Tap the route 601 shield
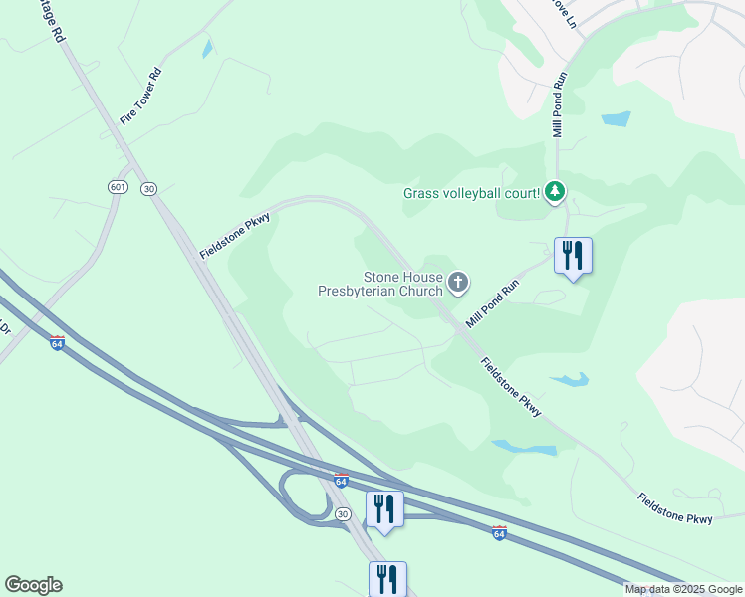click(x=118, y=188)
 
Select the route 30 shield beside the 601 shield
click(x=149, y=188)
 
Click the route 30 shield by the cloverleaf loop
click(x=342, y=513)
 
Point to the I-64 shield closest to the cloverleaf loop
click(x=341, y=481)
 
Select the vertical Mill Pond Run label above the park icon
click(x=559, y=104)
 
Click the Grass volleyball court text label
click(x=472, y=193)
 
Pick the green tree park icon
click(x=556, y=192)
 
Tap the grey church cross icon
click(x=458, y=284)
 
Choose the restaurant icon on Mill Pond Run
click(x=573, y=256)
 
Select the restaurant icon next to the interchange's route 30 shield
click(x=383, y=508)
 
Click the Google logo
click(x=33, y=585)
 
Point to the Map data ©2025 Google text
click(x=682, y=589)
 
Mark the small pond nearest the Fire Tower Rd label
click(x=207, y=48)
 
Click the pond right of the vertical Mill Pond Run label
click(x=616, y=119)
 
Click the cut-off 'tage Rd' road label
click(x=53, y=21)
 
